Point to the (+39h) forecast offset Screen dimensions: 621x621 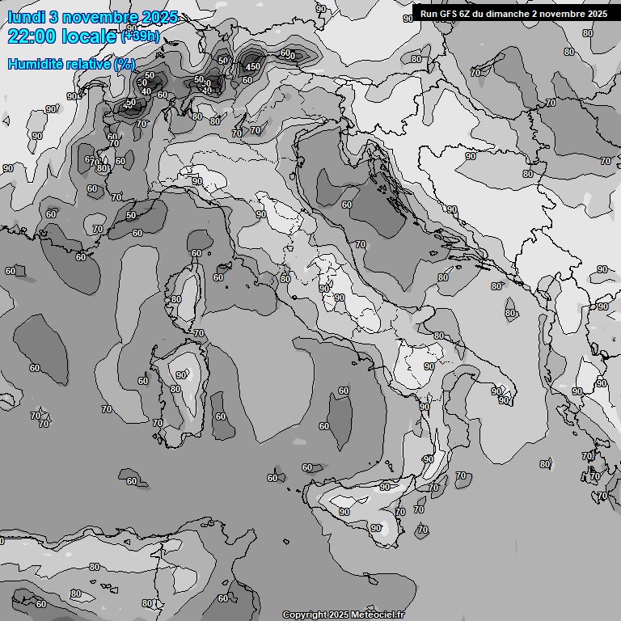[141, 36]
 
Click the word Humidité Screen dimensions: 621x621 [35, 64]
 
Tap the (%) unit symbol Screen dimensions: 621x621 [125, 64]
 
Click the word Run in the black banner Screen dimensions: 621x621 [428, 14]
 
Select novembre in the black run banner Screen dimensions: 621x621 [563, 14]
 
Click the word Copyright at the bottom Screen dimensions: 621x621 [304, 615]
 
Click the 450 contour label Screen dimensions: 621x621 [252, 66]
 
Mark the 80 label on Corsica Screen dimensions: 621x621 [176, 299]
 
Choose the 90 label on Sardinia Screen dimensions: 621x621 [182, 374]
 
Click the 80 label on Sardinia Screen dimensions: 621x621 [175, 389]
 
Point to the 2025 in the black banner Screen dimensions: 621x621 [598, 14]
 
